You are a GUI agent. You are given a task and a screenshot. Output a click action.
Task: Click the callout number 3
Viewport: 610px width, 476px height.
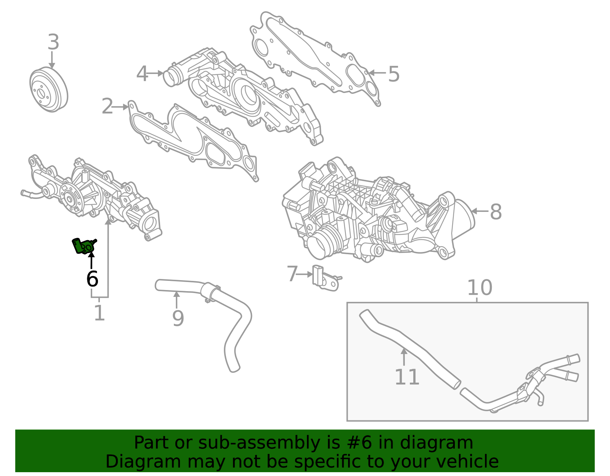[x=53, y=42]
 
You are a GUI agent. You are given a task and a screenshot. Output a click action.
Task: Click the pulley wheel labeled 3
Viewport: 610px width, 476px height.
[x=48, y=90]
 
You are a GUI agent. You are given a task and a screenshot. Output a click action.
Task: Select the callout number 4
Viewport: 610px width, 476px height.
[x=142, y=74]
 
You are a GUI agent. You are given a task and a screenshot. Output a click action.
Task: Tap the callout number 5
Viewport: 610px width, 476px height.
[x=394, y=74]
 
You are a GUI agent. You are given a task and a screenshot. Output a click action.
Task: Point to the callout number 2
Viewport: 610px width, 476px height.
[x=107, y=107]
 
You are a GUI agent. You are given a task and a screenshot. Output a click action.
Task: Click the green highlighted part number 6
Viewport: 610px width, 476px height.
[x=83, y=246]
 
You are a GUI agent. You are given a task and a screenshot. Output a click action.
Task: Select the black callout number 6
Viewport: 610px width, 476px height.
[x=92, y=279]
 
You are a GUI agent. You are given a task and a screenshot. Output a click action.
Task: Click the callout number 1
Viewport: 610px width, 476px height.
[x=99, y=313]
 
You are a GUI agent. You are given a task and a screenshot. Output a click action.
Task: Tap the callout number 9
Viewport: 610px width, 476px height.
[x=178, y=319]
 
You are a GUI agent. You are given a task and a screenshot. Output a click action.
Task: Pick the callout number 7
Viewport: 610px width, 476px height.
[x=292, y=274]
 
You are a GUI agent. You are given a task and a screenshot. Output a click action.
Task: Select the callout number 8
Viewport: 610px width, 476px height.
[x=496, y=212]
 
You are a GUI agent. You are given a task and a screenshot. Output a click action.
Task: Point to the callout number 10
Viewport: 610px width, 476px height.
[x=480, y=288]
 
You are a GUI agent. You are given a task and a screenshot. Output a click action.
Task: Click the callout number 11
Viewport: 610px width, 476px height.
[x=407, y=377]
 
